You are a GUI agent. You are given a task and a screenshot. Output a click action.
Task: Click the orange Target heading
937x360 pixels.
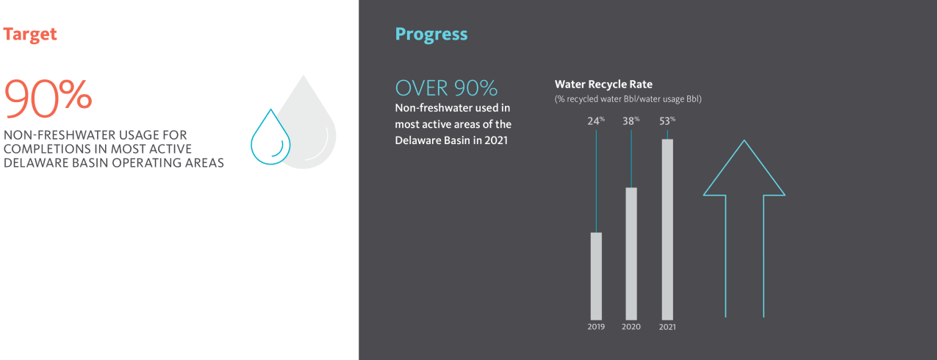(29, 35)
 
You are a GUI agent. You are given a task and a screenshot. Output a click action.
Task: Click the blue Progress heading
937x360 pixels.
(431, 35)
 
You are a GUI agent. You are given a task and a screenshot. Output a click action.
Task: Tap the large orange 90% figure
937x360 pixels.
(48, 98)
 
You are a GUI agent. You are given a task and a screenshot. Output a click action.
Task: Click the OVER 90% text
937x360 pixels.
(446, 88)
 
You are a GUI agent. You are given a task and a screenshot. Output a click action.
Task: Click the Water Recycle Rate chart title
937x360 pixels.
(603, 84)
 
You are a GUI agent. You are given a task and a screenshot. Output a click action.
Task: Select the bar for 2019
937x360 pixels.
(596, 276)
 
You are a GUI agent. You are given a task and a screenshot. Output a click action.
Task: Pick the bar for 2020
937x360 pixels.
(631, 253)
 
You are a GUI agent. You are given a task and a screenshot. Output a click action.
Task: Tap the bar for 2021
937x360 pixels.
(667, 229)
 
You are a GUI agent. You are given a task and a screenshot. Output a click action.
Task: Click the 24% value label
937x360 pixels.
(596, 120)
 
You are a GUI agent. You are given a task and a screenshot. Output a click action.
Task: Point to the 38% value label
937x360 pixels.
(631, 120)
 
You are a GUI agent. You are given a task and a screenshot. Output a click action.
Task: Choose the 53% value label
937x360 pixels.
(667, 120)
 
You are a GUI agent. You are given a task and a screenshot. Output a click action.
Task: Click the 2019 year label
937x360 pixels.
(596, 326)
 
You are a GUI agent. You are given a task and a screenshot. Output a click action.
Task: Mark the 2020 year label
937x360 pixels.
(631, 326)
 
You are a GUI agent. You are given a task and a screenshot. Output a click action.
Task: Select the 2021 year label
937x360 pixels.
(667, 326)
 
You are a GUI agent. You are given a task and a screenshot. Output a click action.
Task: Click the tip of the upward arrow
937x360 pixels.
(744, 140)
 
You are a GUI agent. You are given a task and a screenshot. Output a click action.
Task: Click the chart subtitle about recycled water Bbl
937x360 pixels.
(628, 99)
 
